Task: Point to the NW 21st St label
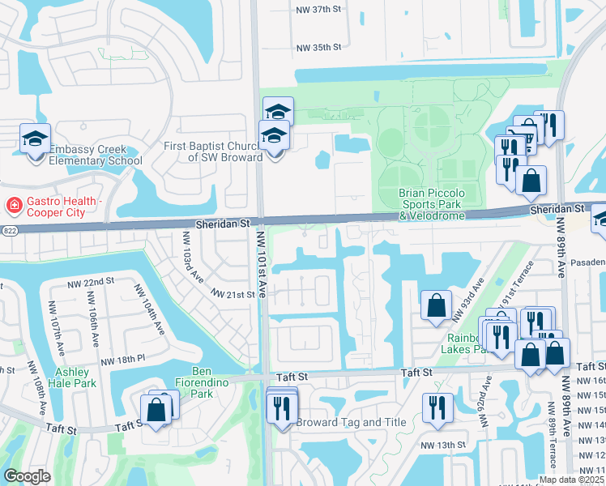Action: (x=235, y=295)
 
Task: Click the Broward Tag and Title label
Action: (x=351, y=422)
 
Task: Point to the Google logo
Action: (x=27, y=476)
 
